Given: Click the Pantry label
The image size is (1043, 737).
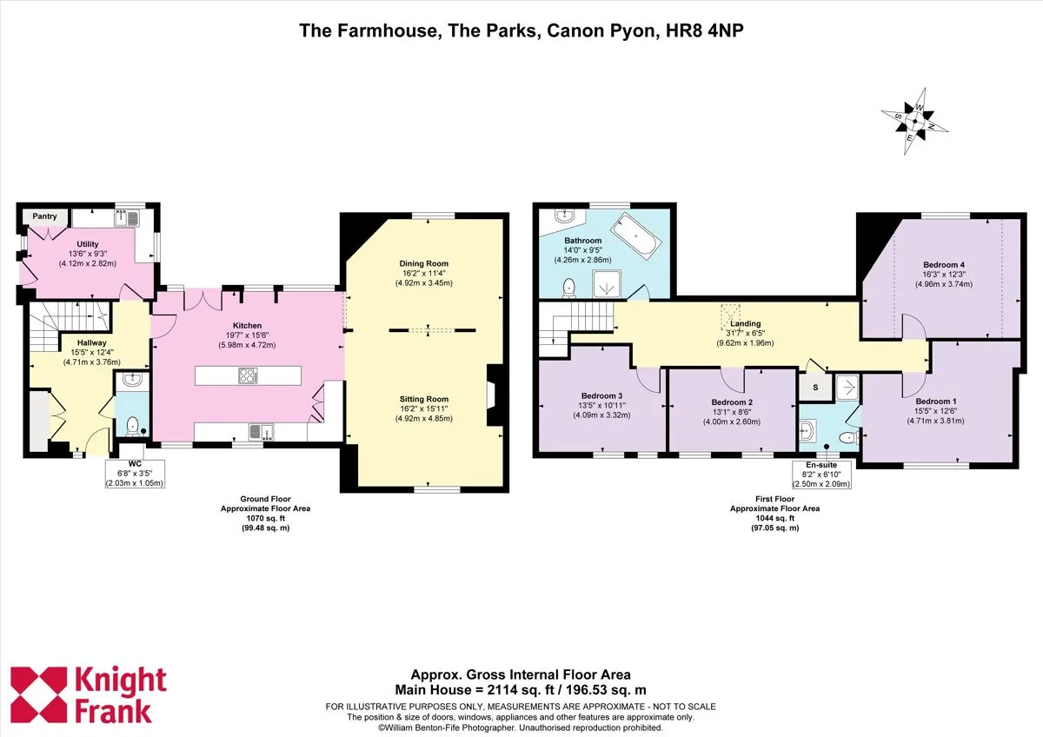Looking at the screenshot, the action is (44, 216).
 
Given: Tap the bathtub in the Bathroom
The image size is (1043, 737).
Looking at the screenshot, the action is (635, 237).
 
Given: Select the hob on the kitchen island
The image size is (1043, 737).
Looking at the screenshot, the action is (248, 375).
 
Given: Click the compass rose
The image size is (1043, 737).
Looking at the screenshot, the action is (914, 122).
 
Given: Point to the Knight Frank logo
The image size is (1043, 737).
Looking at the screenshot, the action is (89, 694).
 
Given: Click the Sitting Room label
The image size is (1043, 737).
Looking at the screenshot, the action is (424, 399).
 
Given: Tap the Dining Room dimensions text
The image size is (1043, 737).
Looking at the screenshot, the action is (424, 278).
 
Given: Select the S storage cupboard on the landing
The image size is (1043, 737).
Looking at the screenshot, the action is (815, 387).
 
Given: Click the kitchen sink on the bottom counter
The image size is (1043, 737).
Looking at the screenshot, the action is (262, 432).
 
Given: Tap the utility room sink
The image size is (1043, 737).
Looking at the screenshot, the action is (128, 218).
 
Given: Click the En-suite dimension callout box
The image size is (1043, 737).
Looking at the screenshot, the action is (821, 475).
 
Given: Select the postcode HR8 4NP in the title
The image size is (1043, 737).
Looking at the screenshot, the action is (705, 30).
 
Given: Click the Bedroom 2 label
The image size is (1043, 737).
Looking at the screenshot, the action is (732, 402).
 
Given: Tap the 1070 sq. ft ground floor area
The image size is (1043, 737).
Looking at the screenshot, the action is (265, 518).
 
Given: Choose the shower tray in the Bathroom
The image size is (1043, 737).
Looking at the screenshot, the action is (607, 283).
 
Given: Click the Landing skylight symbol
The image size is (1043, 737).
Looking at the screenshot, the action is (730, 316).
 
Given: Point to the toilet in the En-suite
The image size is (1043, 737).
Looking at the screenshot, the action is (849, 438).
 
